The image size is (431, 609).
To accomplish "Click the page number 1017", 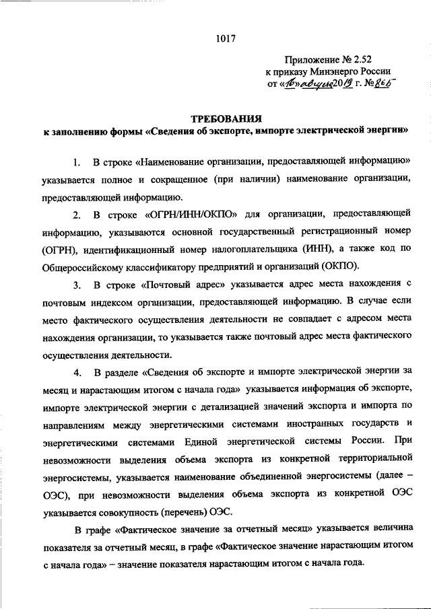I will click(225, 38).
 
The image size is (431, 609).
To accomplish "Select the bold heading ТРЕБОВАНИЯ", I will click(224, 120).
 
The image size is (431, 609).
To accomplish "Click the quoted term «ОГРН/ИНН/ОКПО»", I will click(191, 215).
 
